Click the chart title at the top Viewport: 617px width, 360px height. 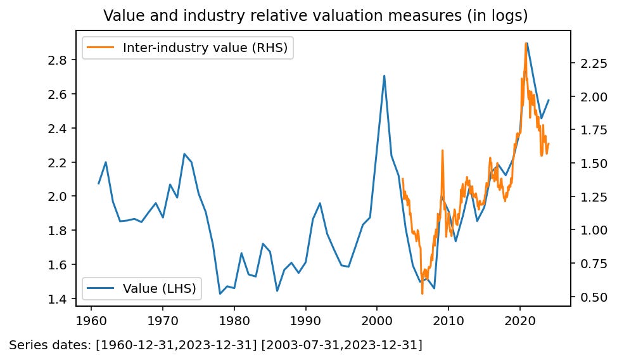(x=315, y=15)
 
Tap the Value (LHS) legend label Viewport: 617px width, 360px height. (x=159, y=288)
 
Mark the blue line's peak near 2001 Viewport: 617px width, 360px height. (x=385, y=75)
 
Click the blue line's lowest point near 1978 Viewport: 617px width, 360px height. (x=220, y=293)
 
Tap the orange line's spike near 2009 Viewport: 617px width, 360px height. (x=442, y=151)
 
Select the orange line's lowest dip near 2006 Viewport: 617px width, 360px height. (x=422, y=293)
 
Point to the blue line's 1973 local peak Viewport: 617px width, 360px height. (x=184, y=154)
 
